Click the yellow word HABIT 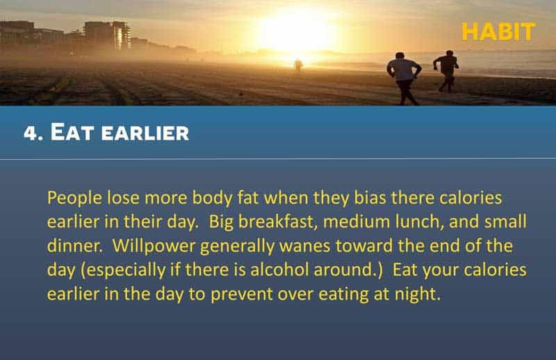point(498,32)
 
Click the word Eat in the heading point(72,132)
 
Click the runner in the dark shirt point(446,71)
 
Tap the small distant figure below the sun point(298,66)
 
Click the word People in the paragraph point(74,198)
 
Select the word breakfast point(275,222)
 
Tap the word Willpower point(154,246)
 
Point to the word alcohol point(279,270)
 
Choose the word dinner point(74,246)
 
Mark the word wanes point(304,247)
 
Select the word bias point(370,197)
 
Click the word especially point(126,270)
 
